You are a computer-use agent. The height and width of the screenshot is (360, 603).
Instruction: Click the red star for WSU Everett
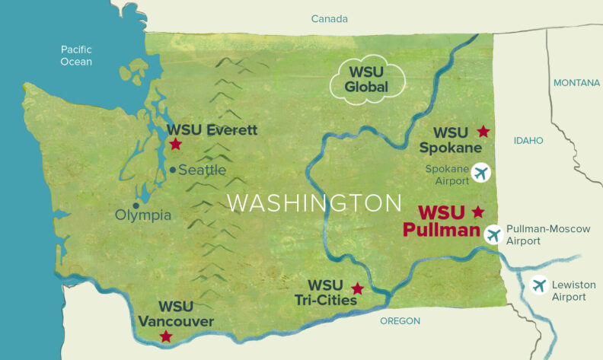point(175,143)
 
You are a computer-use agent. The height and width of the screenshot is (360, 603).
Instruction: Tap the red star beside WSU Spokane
point(483,131)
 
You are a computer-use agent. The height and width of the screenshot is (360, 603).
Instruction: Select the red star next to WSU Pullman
point(478,211)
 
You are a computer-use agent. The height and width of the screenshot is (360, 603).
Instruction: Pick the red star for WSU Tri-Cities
point(357,288)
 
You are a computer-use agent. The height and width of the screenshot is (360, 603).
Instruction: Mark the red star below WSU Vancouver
point(166,336)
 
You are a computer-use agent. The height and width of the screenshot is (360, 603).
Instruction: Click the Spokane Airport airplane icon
point(480,173)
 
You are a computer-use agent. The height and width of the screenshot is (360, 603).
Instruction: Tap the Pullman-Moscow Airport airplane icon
point(493,234)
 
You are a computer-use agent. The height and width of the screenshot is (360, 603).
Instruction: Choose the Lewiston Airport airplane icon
point(540,286)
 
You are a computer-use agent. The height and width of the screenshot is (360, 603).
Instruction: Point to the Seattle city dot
point(174,170)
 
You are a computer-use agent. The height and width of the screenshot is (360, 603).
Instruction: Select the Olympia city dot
point(136,205)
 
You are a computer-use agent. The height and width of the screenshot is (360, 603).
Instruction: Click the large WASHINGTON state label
point(314,203)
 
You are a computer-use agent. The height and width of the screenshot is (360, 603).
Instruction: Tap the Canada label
point(329,19)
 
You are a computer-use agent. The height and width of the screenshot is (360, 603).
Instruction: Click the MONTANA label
point(576,82)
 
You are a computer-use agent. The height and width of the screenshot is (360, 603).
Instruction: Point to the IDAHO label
point(528,141)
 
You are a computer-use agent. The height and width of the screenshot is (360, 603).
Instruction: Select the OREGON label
point(400,320)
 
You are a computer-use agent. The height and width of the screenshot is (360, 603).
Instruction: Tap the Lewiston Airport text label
point(569,291)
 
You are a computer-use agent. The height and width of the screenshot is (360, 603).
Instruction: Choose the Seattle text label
point(202,170)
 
